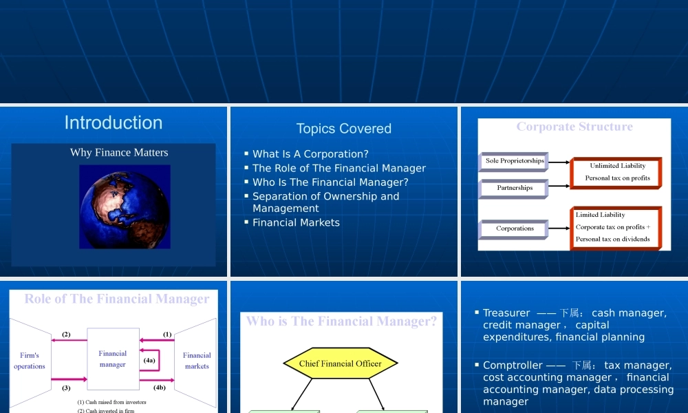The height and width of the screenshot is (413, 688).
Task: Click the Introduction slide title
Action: point(114,123)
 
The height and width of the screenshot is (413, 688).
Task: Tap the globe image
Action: point(125,206)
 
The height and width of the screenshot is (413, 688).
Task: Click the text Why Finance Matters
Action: point(119,152)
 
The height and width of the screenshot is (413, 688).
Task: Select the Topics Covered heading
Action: point(343,129)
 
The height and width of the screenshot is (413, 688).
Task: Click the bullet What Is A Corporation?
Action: point(310,154)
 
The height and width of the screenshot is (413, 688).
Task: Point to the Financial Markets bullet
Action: point(296,222)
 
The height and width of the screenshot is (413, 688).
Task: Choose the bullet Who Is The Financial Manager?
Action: point(330,182)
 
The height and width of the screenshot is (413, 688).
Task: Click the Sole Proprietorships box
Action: point(514,161)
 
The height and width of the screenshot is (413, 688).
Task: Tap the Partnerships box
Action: point(514,188)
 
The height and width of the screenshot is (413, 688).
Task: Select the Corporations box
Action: point(514,229)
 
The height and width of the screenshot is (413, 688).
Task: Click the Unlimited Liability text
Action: point(617,166)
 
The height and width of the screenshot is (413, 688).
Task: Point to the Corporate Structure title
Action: point(574,127)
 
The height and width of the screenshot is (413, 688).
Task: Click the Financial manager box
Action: point(113,359)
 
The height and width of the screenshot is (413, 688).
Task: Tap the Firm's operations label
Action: point(30,361)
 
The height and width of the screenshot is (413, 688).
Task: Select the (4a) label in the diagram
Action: point(149,360)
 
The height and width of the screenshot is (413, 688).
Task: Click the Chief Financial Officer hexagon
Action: point(341,363)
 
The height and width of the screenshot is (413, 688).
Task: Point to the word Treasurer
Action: point(506,313)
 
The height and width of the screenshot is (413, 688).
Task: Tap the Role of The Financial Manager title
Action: point(117,299)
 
